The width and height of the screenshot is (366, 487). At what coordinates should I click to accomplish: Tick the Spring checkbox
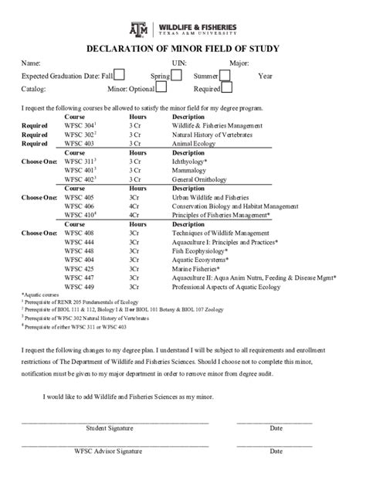pyautogui.click(x=177, y=75)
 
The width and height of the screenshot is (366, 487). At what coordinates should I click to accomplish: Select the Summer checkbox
pyautogui.click(x=225, y=75)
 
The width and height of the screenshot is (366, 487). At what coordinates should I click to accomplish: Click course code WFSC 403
pyautogui.click(x=80, y=143)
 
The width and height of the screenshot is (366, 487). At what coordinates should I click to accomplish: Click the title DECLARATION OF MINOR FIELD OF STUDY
pyautogui.click(x=183, y=48)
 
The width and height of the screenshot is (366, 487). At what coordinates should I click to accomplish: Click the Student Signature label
pyautogui.click(x=109, y=427)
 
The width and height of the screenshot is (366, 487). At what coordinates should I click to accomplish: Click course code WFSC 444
pyautogui.click(x=80, y=241)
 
